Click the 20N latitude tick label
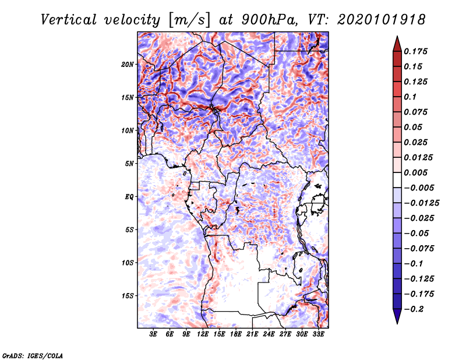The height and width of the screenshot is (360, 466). click(x=128, y=65)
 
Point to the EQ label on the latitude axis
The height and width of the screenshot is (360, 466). click(x=129, y=197)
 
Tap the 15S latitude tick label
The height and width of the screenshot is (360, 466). click(x=128, y=296)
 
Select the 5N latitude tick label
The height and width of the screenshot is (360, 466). click(x=129, y=164)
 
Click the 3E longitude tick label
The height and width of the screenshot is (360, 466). click(x=153, y=334)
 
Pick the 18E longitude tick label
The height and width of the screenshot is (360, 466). click(x=236, y=334)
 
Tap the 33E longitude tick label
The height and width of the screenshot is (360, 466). click(x=318, y=334)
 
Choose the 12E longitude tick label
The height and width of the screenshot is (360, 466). click(x=203, y=334)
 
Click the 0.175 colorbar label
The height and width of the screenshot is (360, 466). click(x=415, y=51)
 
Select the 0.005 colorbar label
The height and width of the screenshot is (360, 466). click(x=415, y=172)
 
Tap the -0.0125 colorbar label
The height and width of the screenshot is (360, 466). click(x=421, y=203)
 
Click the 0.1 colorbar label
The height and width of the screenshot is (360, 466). click(x=410, y=97)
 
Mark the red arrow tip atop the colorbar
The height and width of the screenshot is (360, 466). click(x=397, y=36)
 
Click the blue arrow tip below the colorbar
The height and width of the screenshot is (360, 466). click(x=397, y=323)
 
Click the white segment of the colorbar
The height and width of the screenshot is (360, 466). click(x=397, y=180)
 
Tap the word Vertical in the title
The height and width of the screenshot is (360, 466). click(x=69, y=20)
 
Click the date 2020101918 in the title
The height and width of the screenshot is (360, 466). click(x=382, y=20)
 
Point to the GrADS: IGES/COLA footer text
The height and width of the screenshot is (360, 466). click(x=33, y=356)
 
